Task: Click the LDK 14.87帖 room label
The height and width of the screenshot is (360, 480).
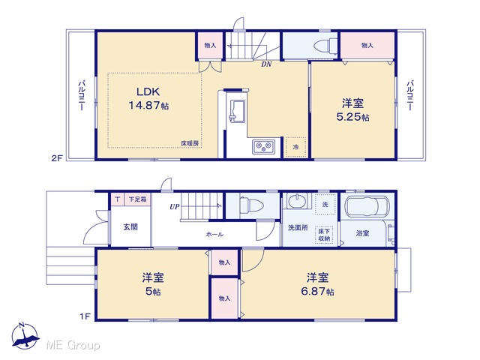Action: point(148,98)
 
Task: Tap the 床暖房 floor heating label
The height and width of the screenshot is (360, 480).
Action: point(190,143)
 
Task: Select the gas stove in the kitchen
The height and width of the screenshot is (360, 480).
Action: point(263,147)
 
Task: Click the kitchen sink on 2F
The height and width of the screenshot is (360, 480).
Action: point(237,111)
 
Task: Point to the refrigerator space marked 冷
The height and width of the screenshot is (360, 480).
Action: point(295,147)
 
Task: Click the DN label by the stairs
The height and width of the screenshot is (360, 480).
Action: point(266,64)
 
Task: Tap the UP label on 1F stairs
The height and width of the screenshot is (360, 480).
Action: point(175,207)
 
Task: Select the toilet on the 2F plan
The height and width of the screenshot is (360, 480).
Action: point(325,46)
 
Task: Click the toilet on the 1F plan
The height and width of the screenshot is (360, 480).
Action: point(251,205)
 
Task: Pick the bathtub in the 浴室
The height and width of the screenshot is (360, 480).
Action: point(367,207)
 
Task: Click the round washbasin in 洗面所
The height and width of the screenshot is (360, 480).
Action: point(296,201)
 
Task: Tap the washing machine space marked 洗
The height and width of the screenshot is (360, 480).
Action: point(325,205)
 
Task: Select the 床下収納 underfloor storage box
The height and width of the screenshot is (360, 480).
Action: point(325,235)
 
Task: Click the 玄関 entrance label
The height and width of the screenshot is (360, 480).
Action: point(130,227)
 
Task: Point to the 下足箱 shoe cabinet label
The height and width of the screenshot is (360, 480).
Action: point(137,199)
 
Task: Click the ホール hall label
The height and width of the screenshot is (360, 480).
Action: point(214,235)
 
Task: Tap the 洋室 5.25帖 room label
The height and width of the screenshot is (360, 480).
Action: point(353,110)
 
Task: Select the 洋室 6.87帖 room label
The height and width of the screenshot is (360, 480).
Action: point(318,284)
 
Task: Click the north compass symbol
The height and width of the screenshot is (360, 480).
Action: point(25,336)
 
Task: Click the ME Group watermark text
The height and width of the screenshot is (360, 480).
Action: point(73,345)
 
